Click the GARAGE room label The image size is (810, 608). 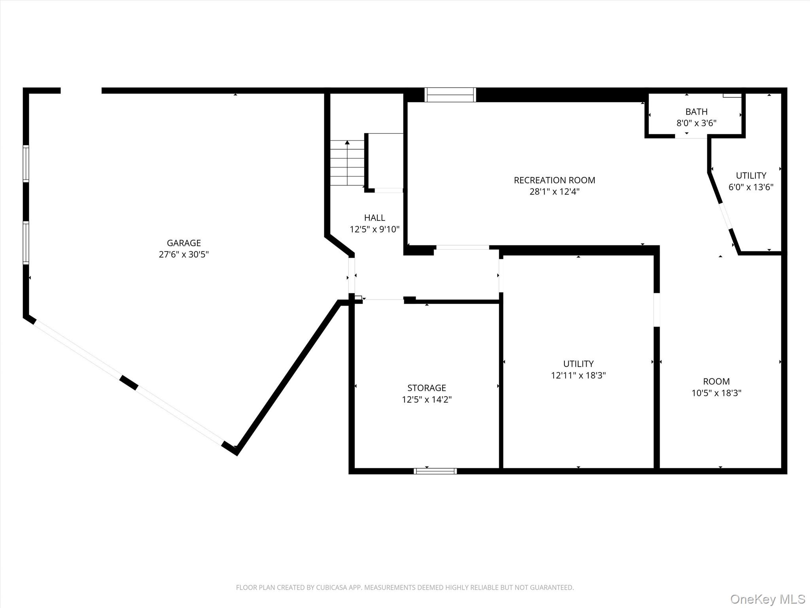tap(184, 243)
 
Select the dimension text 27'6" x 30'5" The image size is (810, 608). tap(184, 255)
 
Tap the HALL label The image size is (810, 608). tap(374, 218)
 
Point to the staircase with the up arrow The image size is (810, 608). tap(347, 163)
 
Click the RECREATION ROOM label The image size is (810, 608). tap(554, 180)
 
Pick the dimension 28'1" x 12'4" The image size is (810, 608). tap(554, 192)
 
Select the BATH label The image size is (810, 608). tap(696, 112)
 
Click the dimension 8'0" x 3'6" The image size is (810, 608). tap(696, 123)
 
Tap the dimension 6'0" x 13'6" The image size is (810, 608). tap(751, 187)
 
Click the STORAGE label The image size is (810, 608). tap(426, 388)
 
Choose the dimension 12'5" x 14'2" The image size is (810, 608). tap(426, 399)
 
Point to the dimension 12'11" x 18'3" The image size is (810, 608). tap(578, 375)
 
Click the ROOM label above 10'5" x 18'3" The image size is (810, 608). tap(716, 382)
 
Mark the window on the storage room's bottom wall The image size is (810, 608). tap(435, 471)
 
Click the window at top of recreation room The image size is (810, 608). tap(450, 95)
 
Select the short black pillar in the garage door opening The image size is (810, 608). tap(129, 383)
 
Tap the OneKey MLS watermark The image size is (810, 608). tap(767, 599)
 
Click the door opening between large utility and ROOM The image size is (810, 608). tap(657, 310)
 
